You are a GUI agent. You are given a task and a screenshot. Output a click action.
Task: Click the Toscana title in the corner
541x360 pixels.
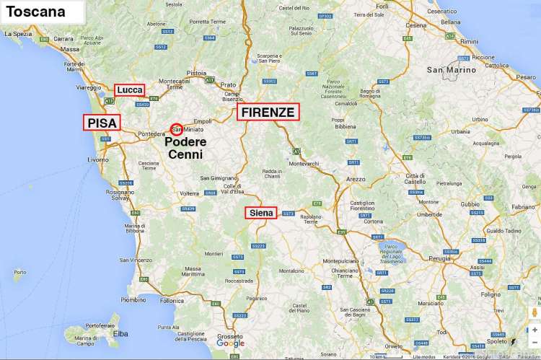tap(35, 12)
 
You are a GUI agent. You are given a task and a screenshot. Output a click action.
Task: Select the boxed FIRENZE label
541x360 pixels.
tap(268, 112)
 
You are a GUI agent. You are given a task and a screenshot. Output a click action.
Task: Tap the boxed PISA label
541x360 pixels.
tap(102, 123)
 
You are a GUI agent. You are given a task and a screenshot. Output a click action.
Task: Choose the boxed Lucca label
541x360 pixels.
tap(130, 89)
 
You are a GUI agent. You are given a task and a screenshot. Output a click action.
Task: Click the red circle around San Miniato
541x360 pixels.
tap(176, 129)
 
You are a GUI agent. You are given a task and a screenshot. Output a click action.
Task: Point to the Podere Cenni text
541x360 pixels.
tap(186, 148)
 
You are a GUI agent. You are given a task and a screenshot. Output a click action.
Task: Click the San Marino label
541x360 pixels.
tap(452, 70)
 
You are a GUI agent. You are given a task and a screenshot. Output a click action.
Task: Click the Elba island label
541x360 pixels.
tap(121, 333)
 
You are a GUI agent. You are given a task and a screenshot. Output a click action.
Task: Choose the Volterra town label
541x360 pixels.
tap(189, 193)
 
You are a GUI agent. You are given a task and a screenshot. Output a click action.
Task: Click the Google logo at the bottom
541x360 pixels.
tap(230, 344)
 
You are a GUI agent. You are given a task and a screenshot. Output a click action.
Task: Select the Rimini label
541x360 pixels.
tap(469, 41)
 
